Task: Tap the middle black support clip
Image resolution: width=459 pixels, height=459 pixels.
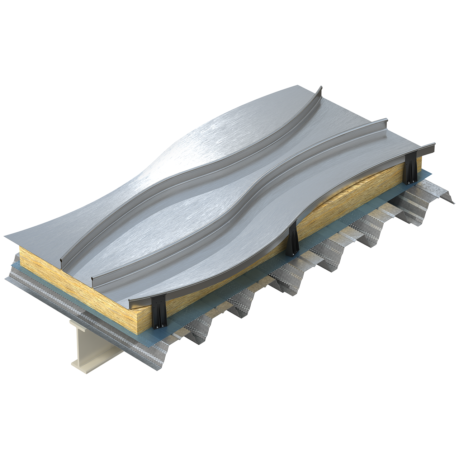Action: click(293, 240)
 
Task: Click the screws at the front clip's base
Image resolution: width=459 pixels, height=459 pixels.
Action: click(159, 326)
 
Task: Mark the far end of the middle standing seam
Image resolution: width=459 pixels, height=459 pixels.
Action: click(384, 120)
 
